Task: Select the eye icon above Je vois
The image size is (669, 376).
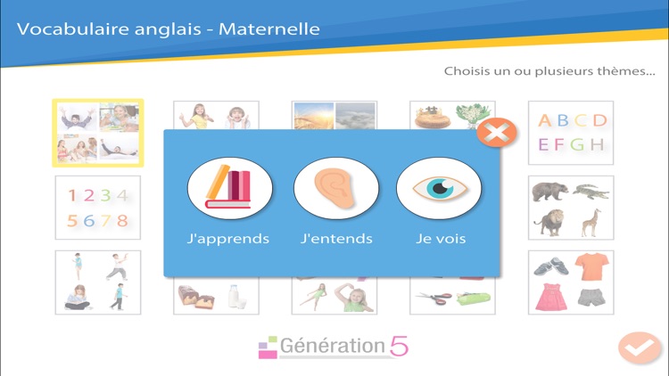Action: pos(439,188)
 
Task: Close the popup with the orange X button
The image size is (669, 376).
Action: pos(497,134)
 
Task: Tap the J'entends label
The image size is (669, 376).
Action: pos(336,239)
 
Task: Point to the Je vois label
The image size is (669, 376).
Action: pos(441,239)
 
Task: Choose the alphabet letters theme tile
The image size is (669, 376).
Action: pos(571,132)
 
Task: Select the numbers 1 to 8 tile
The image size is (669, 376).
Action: pos(97,207)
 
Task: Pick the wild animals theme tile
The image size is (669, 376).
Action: pos(571,207)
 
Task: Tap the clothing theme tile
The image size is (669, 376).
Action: pos(571,282)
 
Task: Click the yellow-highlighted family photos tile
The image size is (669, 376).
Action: pos(97,133)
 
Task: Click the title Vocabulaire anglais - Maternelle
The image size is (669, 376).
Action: pos(169,29)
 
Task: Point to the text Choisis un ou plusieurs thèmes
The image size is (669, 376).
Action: pos(549,71)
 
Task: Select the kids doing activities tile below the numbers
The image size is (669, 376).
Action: pos(97,282)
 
